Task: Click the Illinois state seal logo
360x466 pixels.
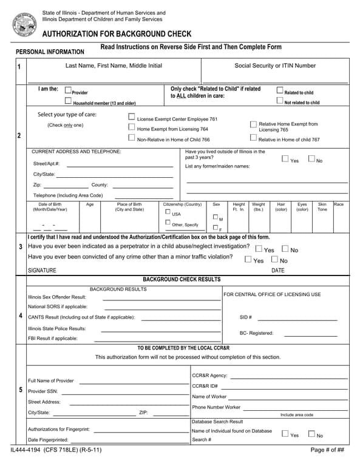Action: pos(24,24)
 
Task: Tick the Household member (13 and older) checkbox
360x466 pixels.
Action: pos(68,101)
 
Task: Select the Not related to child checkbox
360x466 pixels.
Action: pos(280,101)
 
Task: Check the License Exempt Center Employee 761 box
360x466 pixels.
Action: pos(132,117)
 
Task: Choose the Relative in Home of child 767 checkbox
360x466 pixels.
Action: pos(253,138)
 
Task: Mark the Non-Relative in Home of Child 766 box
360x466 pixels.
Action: pos(132,138)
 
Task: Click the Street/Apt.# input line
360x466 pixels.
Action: pos(120,166)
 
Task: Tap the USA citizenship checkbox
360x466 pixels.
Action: pos(168,212)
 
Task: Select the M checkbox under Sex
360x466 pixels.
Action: pos(215,217)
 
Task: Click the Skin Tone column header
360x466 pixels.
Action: pos(322,207)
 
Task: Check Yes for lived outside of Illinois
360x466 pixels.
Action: pos(285,159)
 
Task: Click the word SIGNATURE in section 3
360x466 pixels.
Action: pos(42,271)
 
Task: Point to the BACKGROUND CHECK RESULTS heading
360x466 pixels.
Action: pos(182,279)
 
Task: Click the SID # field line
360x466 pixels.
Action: pos(296,319)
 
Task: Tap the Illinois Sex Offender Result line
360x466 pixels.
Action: pos(161,300)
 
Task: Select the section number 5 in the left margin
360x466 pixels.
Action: pos(20,390)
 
